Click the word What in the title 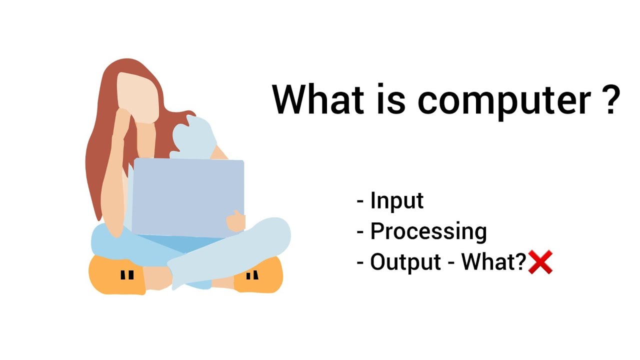point(317,99)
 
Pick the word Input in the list point(397,201)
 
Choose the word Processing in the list point(428,231)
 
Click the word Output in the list point(405,262)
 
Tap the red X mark point(540,262)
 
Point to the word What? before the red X point(494,262)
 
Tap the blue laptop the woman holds point(187,197)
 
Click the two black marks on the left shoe point(127,275)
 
